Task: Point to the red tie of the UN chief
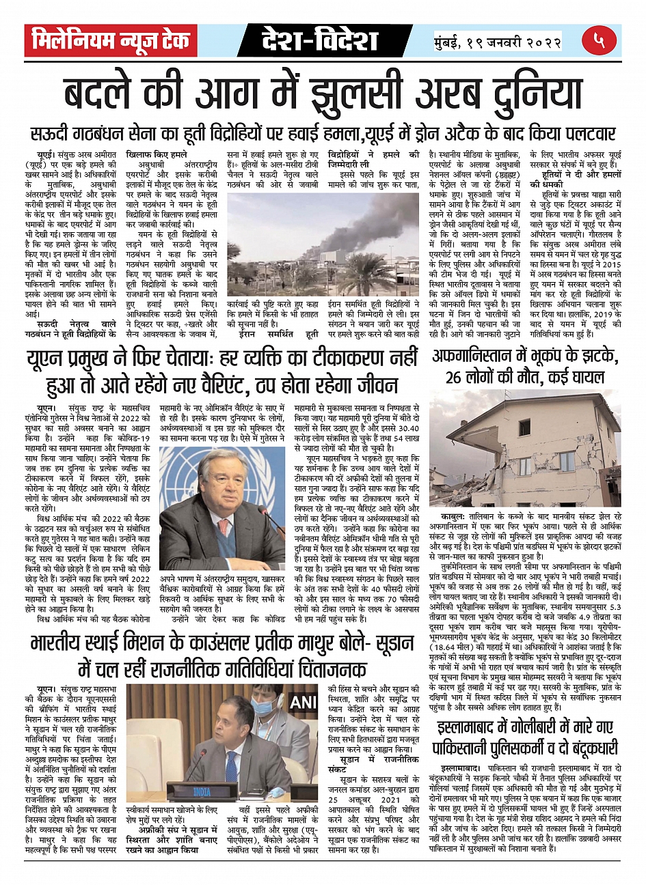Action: click(224, 527)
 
